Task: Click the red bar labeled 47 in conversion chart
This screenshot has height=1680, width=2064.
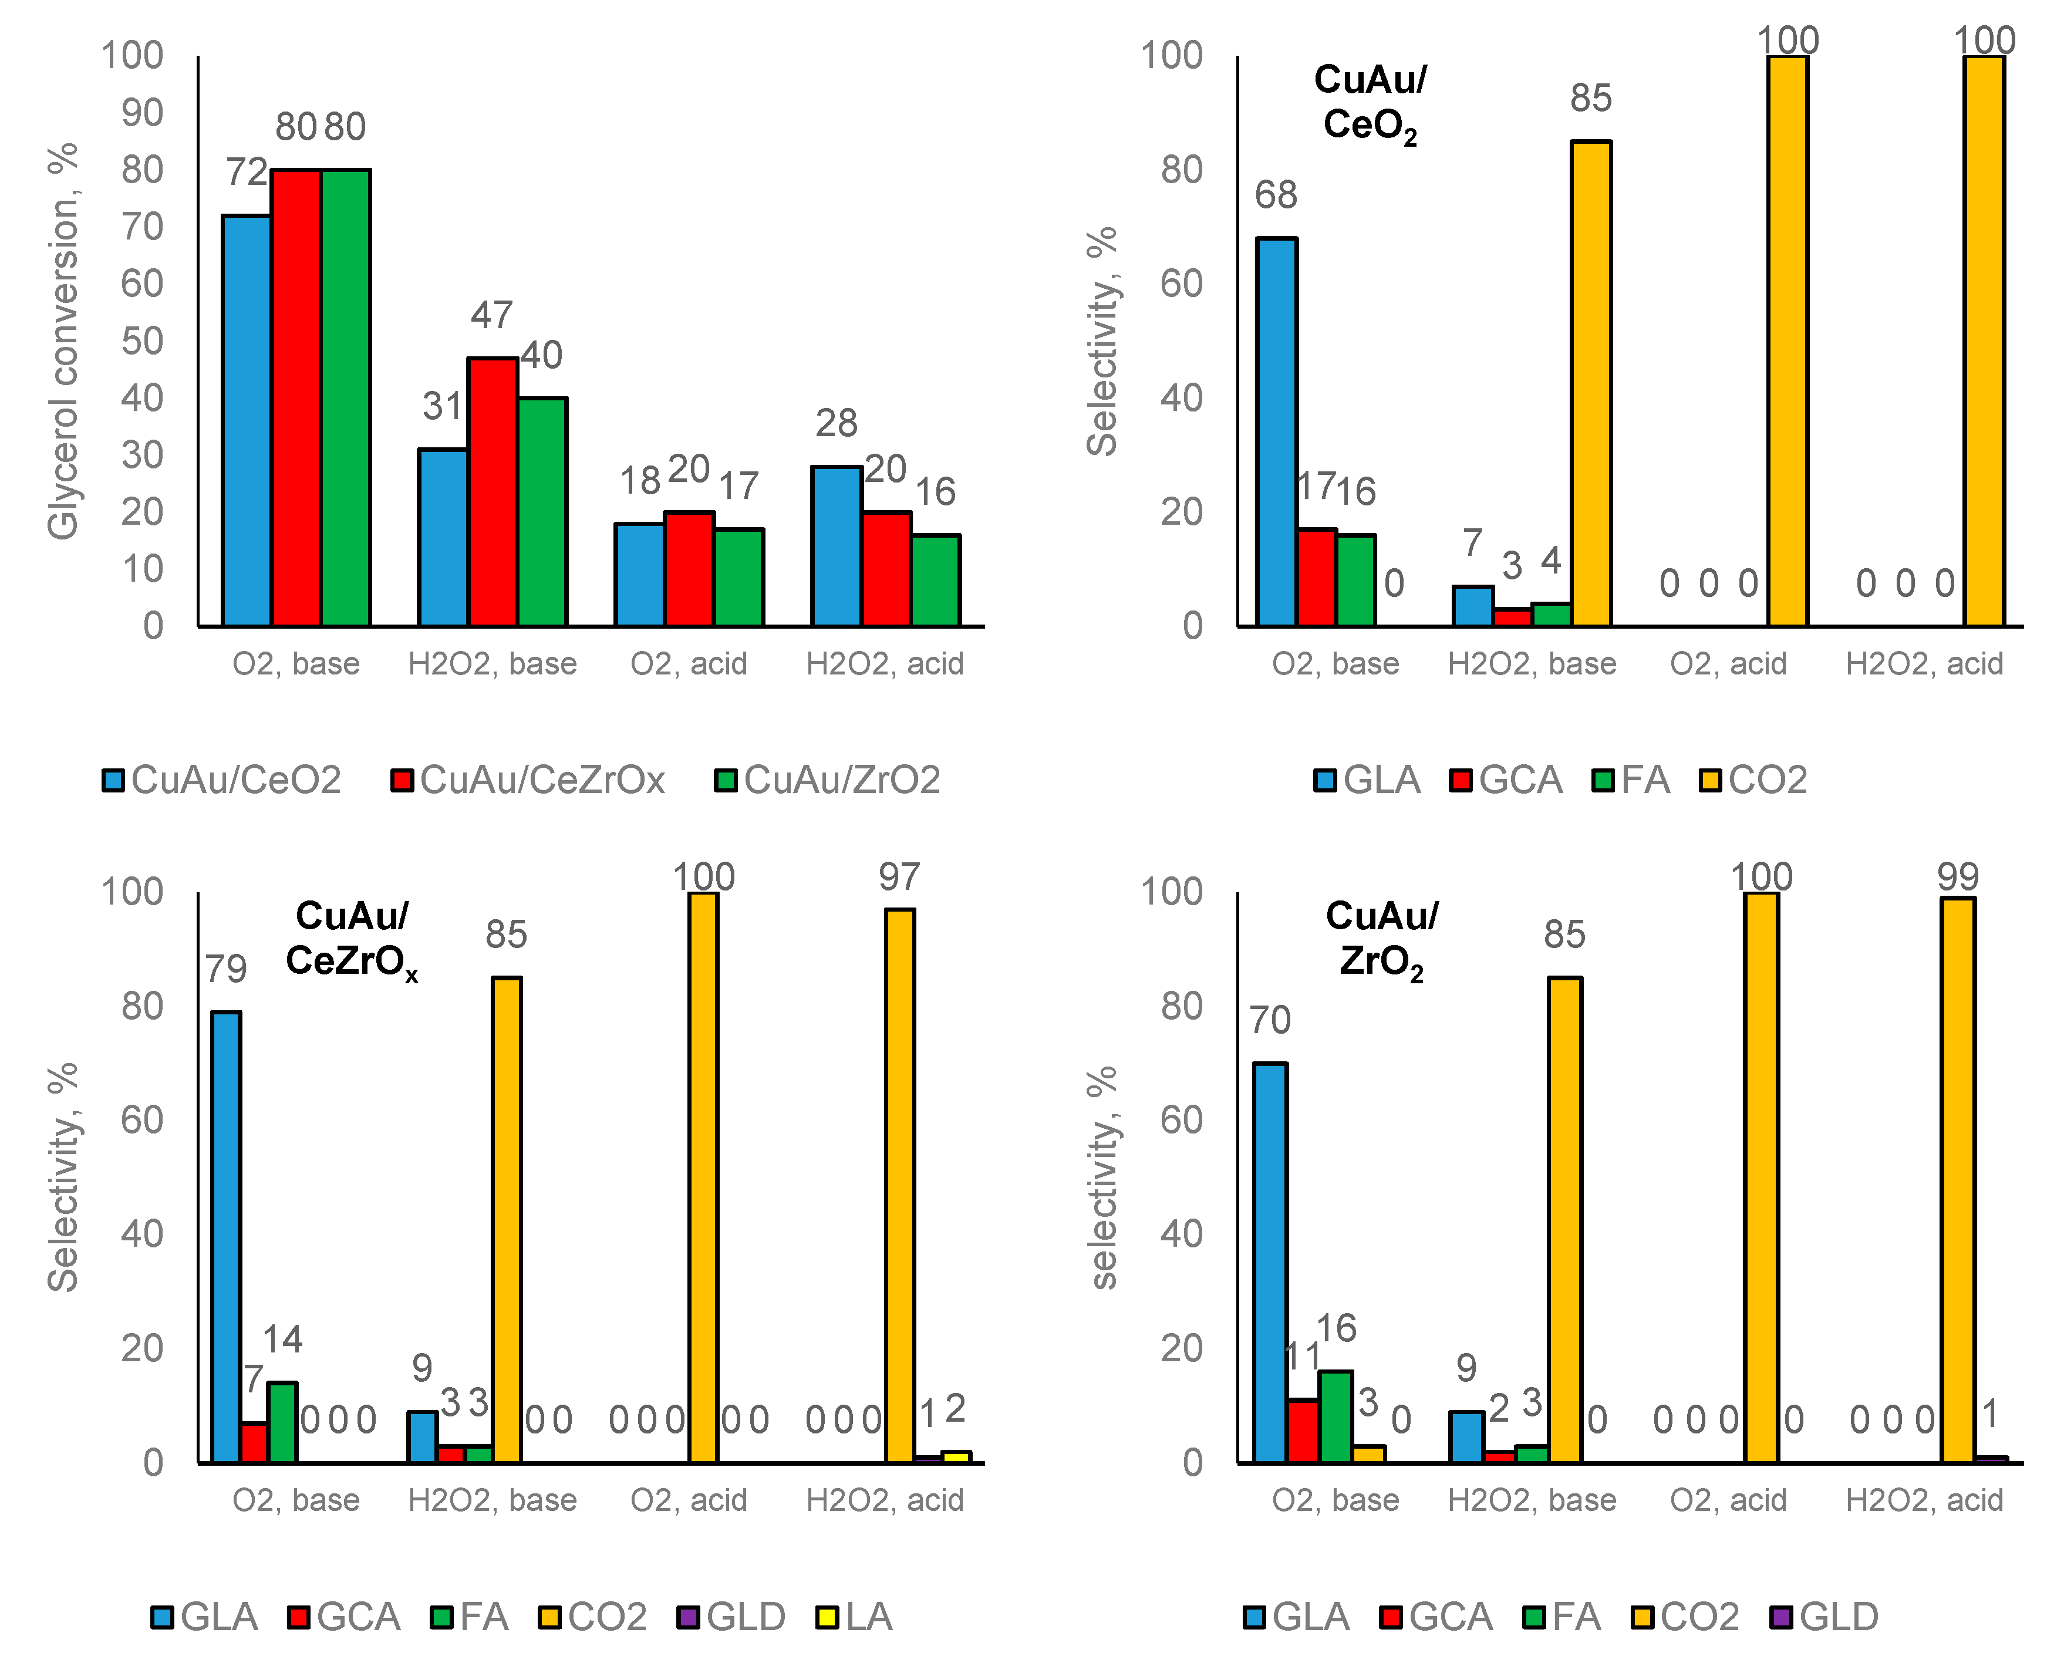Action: [493, 491]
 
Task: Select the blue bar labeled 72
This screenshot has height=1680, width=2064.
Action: [247, 421]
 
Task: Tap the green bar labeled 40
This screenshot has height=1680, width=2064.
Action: [542, 511]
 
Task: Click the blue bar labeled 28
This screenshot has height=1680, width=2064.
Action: [836, 546]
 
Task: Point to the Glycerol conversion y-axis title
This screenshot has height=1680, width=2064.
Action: [63, 340]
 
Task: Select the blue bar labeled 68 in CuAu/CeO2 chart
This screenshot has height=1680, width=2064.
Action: [1276, 431]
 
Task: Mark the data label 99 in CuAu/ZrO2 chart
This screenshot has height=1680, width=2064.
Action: [1958, 877]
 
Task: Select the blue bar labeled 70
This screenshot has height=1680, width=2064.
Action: [1270, 1263]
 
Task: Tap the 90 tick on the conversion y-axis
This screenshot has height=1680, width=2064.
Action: [142, 113]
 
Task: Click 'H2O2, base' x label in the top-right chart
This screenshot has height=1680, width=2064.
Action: [1532, 664]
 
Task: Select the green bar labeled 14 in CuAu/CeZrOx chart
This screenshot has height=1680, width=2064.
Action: [282, 1422]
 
